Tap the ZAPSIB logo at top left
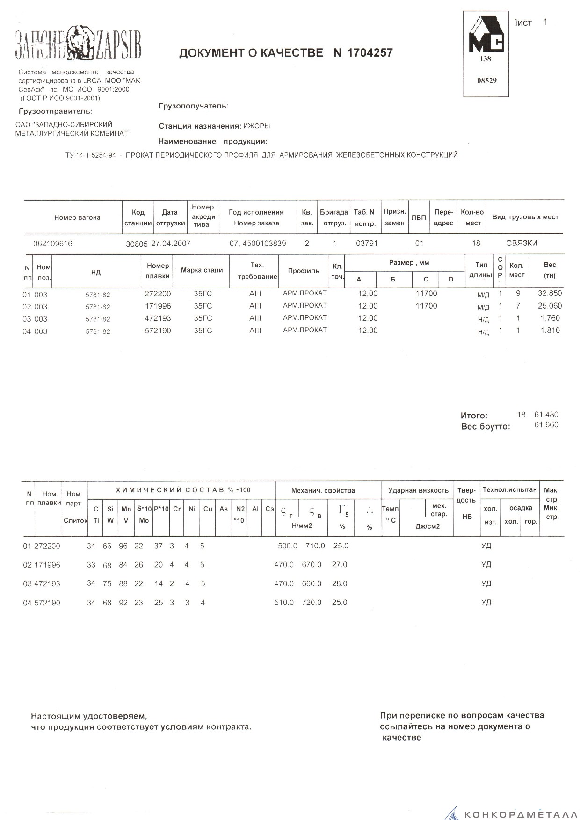click(x=78, y=44)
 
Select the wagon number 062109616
click(x=53, y=244)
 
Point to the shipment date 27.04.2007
click(x=171, y=244)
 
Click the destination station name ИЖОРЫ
click(x=257, y=126)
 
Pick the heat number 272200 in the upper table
click(x=158, y=294)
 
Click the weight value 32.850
click(x=550, y=294)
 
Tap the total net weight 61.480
click(x=546, y=415)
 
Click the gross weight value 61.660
click(x=546, y=425)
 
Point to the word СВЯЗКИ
click(x=522, y=243)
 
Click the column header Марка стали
click(x=202, y=270)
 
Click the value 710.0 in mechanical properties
click(x=315, y=546)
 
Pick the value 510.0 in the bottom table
click(x=284, y=603)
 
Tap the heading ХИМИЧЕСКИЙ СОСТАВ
click(x=170, y=490)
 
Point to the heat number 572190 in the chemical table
click(x=47, y=603)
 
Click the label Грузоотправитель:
click(x=56, y=111)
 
